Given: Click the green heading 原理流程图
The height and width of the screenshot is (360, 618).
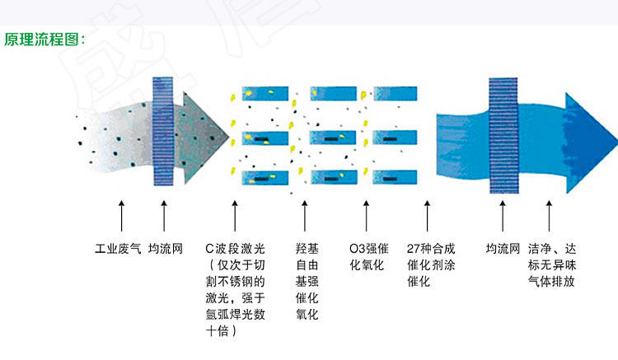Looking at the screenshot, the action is click(x=42, y=40).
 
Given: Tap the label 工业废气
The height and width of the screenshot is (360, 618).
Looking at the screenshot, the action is click(x=118, y=249).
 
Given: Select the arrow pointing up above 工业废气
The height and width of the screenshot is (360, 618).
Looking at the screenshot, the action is click(x=121, y=216).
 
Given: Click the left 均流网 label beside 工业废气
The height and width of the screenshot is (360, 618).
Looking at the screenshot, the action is click(x=166, y=249).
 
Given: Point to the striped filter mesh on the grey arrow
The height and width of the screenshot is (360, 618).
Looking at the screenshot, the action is click(x=163, y=131).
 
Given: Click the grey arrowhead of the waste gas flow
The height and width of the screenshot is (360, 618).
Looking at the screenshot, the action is click(x=204, y=138).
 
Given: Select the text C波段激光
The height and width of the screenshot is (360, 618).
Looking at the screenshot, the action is click(x=236, y=249).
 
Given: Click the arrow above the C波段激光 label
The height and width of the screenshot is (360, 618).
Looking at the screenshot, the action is click(x=235, y=216).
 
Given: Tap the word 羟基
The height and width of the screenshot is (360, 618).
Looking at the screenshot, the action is click(x=307, y=249).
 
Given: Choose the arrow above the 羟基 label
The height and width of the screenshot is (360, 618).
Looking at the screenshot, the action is click(x=305, y=216).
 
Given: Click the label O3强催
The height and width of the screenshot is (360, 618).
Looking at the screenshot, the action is click(x=369, y=249).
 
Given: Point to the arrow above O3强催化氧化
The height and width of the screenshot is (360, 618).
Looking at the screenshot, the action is click(x=366, y=216).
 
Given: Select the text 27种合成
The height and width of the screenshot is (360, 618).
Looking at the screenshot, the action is click(x=431, y=249).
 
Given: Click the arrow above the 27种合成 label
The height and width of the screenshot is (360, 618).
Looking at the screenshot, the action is click(x=427, y=216).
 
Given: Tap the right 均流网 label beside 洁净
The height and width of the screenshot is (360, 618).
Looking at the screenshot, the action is click(x=503, y=249).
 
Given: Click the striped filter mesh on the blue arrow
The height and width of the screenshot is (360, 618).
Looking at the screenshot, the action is click(x=503, y=135).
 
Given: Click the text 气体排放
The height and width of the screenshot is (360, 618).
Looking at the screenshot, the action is click(x=551, y=282).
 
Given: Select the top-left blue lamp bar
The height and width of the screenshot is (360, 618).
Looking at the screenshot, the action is click(x=265, y=94).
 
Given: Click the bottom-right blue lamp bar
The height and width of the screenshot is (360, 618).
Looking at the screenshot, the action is click(x=395, y=177).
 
